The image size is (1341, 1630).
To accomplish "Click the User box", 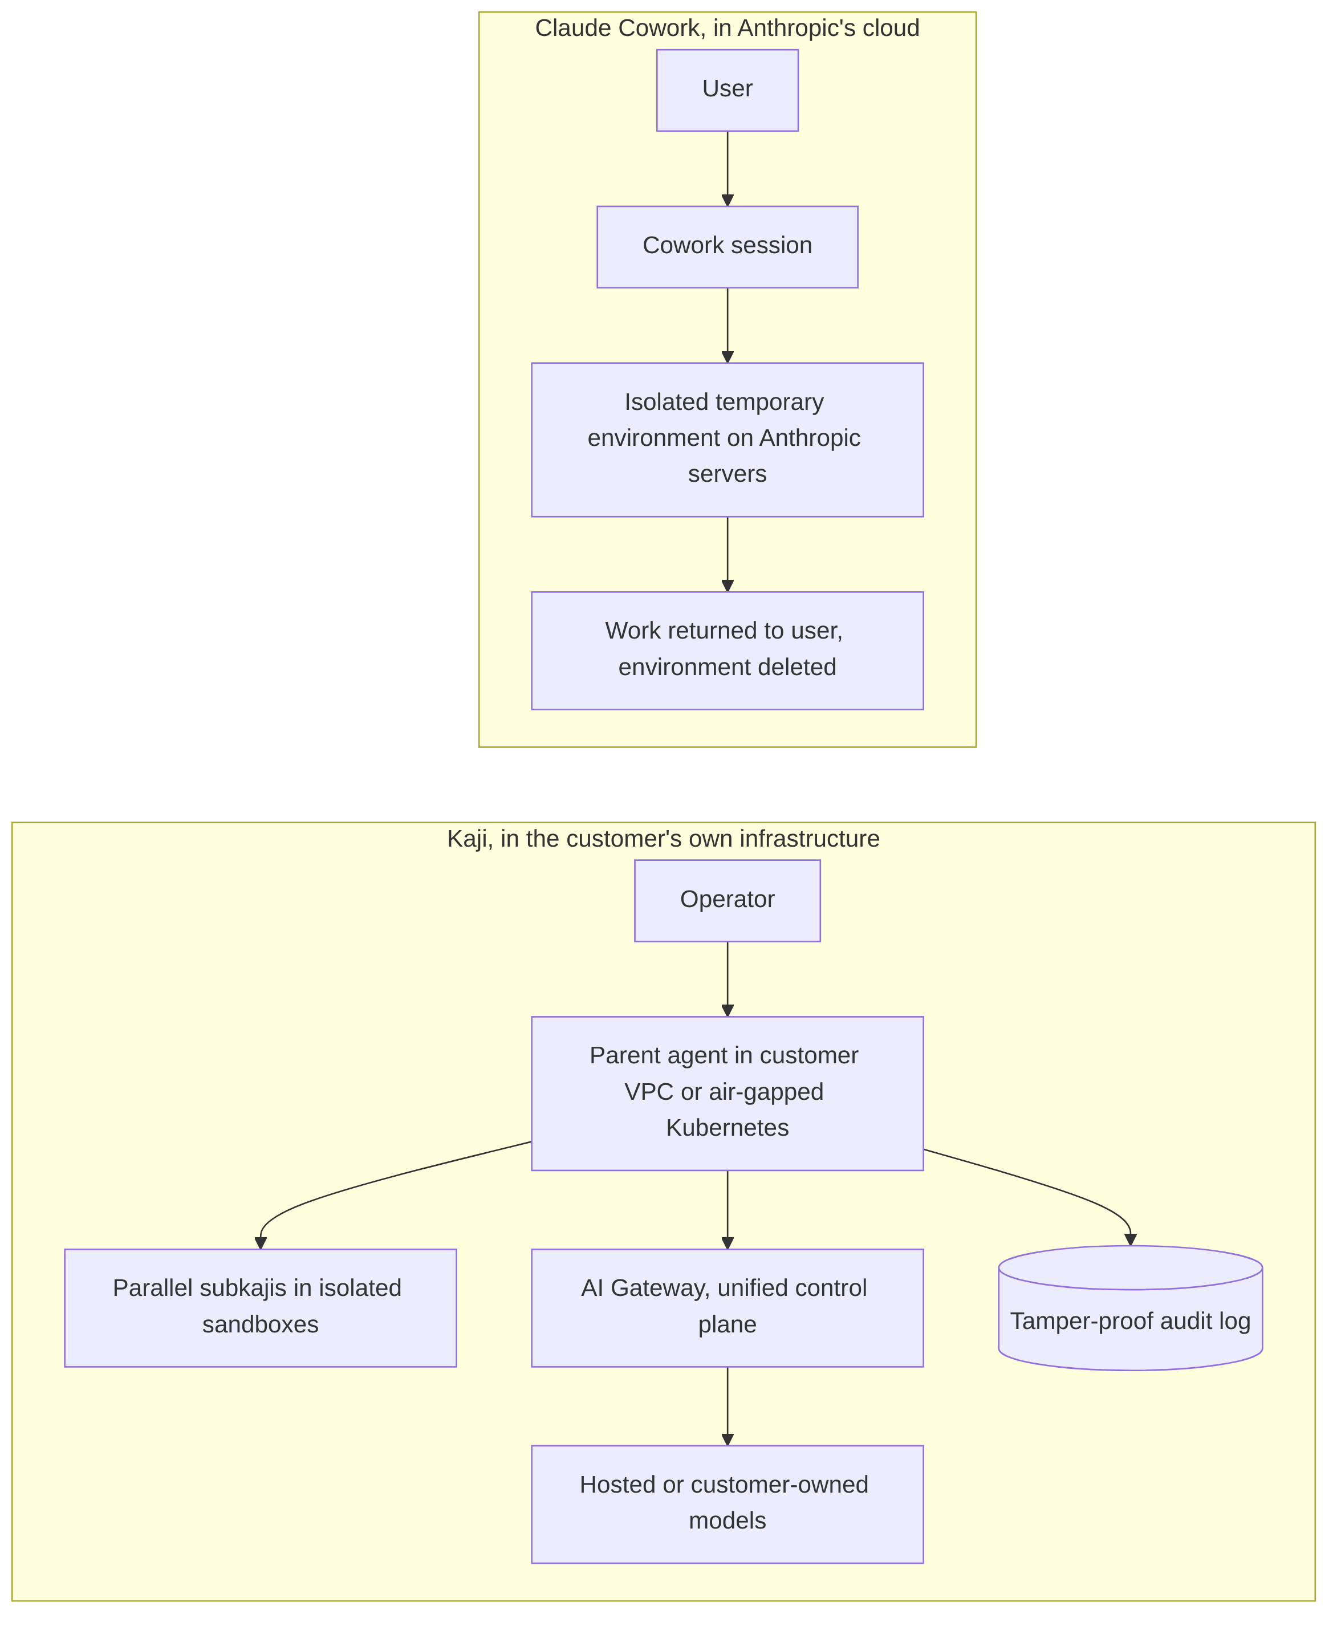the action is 727,91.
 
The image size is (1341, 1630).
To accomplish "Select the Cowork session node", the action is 727,246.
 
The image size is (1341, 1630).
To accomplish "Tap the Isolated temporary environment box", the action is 727,440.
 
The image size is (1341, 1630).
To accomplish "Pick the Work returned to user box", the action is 727,650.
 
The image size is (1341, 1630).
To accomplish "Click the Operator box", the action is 727,900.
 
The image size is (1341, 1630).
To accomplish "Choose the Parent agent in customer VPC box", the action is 727,1093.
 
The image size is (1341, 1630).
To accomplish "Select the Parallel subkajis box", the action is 261,1308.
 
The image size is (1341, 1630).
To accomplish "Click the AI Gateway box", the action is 727,1308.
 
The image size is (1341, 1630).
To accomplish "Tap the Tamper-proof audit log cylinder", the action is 1130,1308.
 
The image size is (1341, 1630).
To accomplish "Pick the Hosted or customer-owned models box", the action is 727,1504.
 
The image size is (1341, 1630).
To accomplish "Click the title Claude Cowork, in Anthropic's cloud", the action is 727,28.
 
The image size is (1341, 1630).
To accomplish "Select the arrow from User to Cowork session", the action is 727,168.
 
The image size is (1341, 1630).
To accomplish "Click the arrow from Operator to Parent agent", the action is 727,979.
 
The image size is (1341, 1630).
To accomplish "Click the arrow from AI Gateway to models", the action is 727,1406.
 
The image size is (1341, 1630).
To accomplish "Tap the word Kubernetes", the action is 727,1128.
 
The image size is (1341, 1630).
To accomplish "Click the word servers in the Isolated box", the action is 727,474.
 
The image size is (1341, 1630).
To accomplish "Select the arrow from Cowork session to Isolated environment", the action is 727,325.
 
